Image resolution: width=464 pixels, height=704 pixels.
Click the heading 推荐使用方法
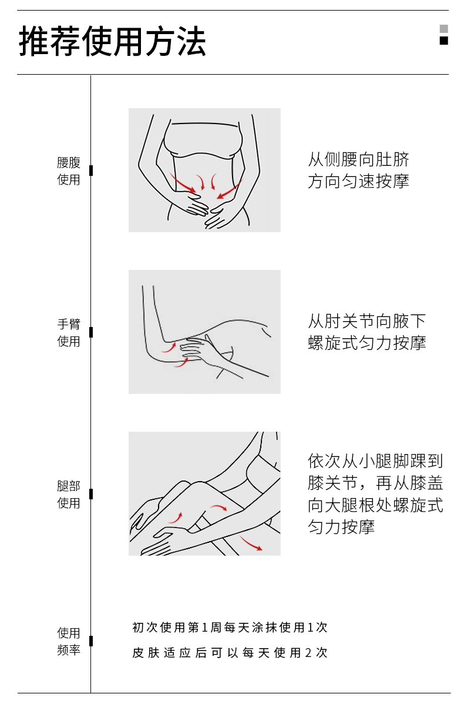pyautogui.click(x=112, y=41)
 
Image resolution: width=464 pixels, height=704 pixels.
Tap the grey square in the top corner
pyautogui.click(x=444, y=29)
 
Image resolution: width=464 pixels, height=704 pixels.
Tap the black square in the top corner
pyautogui.click(x=444, y=41)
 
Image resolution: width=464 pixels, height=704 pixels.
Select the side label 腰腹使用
pyautogui.click(x=69, y=171)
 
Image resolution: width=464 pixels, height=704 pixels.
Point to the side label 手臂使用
pyautogui.click(x=69, y=333)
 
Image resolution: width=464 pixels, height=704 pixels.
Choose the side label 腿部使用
pyautogui.click(x=69, y=494)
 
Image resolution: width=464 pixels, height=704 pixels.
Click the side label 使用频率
pyautogui.click(x=69, y=641)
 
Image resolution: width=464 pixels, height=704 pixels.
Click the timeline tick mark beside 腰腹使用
pyautogui.click(x=91, y=171)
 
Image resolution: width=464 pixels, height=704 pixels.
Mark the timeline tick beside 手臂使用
pyautogui.click(x=91, y=332)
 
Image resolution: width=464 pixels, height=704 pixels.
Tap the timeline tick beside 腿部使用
pyautogui.click(x=91, y=494)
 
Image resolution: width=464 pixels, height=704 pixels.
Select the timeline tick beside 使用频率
pyautogui.click(x=91, y=640)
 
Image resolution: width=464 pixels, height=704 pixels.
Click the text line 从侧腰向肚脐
pyautogui.click(x=359, y=159)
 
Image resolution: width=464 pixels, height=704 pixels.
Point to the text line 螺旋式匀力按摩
pyautogui.click(x=367, y=343)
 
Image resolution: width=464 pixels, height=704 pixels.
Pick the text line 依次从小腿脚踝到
pyautogui.click(x=375, y=461)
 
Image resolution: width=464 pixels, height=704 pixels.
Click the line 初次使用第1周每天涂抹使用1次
pyautogui.click(x=230, y=627)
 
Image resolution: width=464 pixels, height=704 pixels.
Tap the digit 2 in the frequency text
pyautogui.click(x=308, y=652)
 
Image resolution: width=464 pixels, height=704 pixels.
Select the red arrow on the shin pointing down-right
pyautogui.click(x=251, y=542)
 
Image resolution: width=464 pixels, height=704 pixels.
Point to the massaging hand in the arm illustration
pyautogui.click(x=197, y=348)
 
